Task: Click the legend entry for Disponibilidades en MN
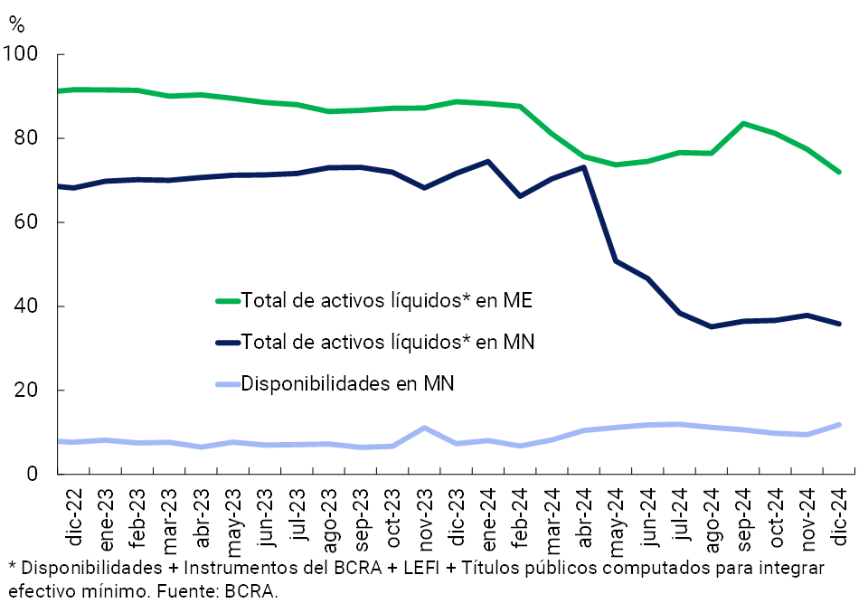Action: click(347, 383)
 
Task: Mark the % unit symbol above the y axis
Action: click(16, 24)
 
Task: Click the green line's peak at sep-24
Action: click(743, 123)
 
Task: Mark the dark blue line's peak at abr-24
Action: click(583, 167)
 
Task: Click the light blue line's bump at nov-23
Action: click(425, 428)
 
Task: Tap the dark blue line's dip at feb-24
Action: click(520, 195)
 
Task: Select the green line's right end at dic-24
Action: click(839, 172)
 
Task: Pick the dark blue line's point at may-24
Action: click(616, 260)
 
